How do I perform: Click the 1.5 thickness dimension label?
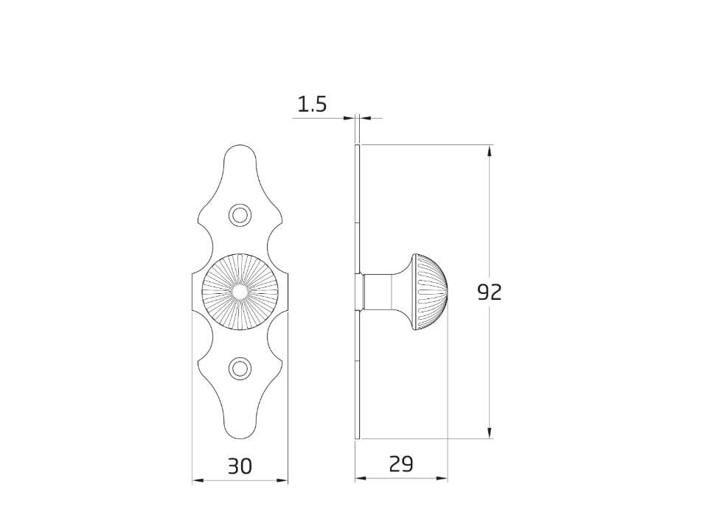click(312, 105)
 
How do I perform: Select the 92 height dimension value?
click(490, 292)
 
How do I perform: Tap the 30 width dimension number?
click(240, 466)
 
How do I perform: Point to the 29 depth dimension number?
click(401, 464)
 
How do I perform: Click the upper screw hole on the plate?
click(240, 215)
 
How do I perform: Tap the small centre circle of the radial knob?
click(240, 292)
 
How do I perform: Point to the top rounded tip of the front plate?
click(240, 146)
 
